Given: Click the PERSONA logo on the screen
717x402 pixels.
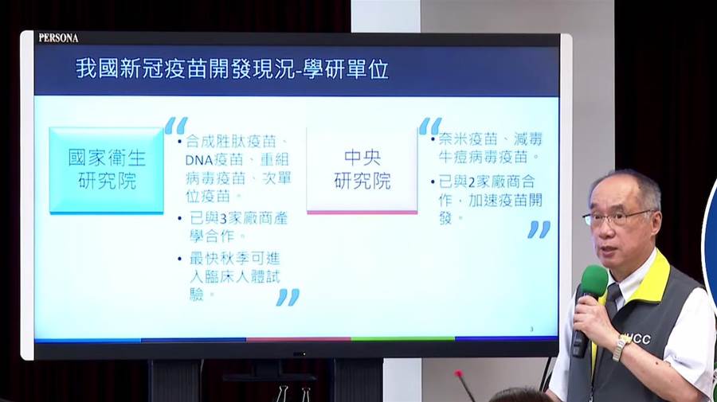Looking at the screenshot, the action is (x=58, y=38).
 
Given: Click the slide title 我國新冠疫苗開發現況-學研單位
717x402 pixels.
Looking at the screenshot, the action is (x=232, y=69).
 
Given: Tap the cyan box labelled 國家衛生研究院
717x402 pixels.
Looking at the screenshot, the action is (x=106, y=170).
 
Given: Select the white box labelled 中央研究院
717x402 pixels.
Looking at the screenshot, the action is (x=362, y=170).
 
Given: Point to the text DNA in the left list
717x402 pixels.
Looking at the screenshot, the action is (x=199, y=160).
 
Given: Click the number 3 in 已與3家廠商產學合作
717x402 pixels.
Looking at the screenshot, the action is (x=223, y=219).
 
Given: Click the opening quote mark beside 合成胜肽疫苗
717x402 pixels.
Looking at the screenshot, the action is (x=176, y=125).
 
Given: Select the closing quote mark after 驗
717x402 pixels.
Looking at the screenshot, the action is (x=288, y=297).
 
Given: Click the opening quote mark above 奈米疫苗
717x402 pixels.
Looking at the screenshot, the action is (x=430, y=126).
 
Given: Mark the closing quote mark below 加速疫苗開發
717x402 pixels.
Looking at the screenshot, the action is (x=539, y=229).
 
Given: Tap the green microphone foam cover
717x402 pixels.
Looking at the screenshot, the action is (x=594, y=282).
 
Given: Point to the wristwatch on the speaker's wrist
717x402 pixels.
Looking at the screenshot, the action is (x=620, y=347).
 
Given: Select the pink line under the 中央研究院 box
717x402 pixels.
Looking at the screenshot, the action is (x=362, y=213).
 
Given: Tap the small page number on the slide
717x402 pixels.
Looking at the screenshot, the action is (x=531, y=329).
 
